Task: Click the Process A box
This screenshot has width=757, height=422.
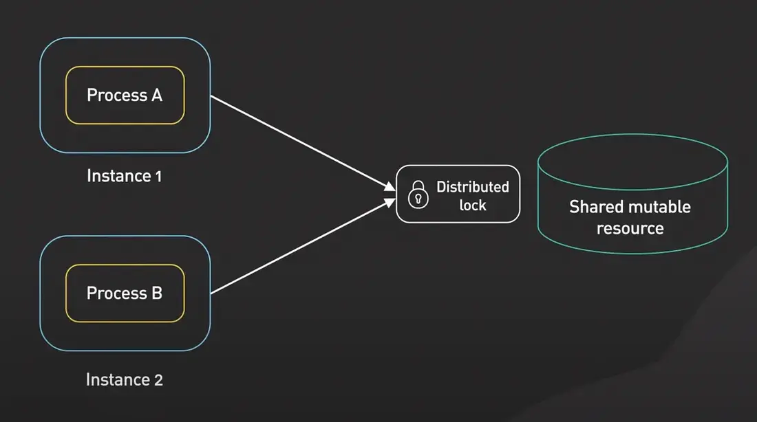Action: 125,95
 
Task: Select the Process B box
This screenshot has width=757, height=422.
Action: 125,293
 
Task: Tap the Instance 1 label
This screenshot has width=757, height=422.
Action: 125,176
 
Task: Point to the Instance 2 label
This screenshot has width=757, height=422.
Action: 125,379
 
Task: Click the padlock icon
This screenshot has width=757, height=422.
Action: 418,195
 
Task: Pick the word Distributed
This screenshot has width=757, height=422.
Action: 473,187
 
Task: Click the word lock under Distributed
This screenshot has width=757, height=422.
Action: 473,205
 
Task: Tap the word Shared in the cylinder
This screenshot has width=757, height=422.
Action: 595,207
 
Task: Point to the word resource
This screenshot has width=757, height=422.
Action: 630,228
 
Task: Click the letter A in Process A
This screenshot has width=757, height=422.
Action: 156,95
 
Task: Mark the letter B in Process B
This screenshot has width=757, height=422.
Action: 156,293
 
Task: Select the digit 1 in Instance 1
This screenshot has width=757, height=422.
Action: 158,176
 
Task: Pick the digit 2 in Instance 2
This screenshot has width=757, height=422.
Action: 158,379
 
